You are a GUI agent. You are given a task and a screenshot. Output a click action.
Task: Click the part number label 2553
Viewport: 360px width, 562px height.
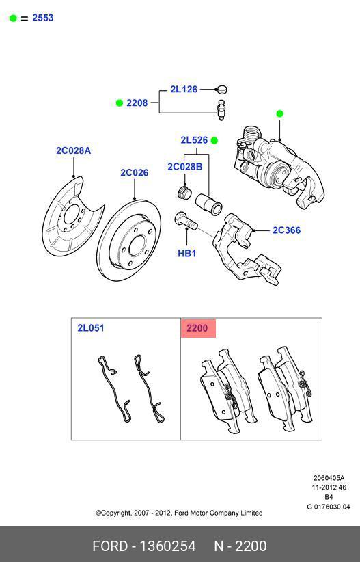[x=42, y=18]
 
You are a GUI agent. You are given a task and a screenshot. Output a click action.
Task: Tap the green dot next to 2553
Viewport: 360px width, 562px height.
[x=13, y=18]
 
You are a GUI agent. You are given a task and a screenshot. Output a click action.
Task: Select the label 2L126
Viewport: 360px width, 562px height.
[x=184, y=89]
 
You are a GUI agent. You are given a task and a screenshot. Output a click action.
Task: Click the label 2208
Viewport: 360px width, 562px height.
[x=137, y=103]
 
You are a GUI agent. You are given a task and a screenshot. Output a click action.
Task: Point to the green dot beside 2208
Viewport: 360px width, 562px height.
[x=119, y=103]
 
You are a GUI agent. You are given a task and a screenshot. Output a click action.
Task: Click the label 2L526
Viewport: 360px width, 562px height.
[x=194, y=140]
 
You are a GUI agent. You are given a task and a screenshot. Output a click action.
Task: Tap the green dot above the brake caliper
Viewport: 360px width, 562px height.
[x=279, y=113]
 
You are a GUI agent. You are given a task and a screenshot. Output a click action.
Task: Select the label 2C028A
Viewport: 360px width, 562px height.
[x=73, y=150]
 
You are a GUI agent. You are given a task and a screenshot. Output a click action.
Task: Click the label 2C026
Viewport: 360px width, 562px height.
[x=135, y=172]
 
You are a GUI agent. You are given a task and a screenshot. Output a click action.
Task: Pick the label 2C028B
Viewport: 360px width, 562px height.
[x=185, y=167]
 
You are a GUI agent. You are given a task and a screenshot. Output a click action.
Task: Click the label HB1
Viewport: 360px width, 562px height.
[x=187, y=253]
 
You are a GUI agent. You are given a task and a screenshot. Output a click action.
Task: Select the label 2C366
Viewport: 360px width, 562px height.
[x=286, y=230]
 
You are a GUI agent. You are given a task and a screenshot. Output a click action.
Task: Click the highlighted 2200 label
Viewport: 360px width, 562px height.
[x=197, y=328]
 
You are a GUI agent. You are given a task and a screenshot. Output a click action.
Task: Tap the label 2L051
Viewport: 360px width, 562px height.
[x=90, y=328]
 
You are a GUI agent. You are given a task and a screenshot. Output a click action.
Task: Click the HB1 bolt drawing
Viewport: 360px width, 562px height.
[x=184, y=222]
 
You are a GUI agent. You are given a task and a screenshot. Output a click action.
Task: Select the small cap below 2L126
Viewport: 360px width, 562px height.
[x=221, y=89]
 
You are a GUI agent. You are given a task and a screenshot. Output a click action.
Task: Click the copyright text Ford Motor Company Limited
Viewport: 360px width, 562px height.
[x=179, y=513]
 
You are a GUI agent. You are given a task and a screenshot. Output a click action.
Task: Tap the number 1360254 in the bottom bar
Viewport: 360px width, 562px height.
[x=167, y=546]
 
